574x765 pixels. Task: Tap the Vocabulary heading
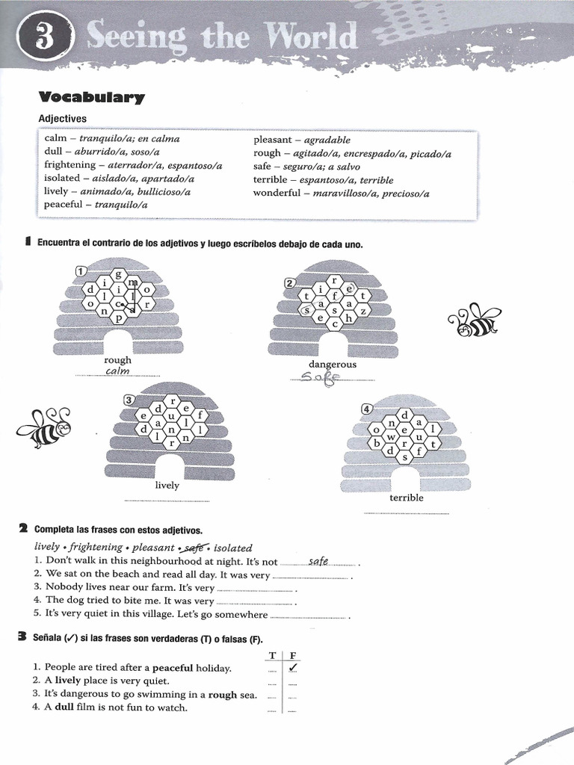click(x=91, y=97)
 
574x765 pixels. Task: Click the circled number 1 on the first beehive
click(x=80, y=270)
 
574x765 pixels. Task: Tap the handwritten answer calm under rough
click(x=118, y=371)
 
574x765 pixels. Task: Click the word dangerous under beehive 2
click(x=333, y=365)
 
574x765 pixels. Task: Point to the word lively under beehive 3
click(x=167, y=485)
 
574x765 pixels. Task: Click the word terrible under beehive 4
click(x=407, y=498)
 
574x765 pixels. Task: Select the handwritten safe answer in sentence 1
click(x=318, y=560)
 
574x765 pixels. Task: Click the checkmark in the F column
click(x=294, y=667)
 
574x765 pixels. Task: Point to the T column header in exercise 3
click(x=273, y=655)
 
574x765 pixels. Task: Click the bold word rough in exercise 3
click(x=222, y=695)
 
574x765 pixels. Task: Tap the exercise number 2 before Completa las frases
click(x=23, y=529)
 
